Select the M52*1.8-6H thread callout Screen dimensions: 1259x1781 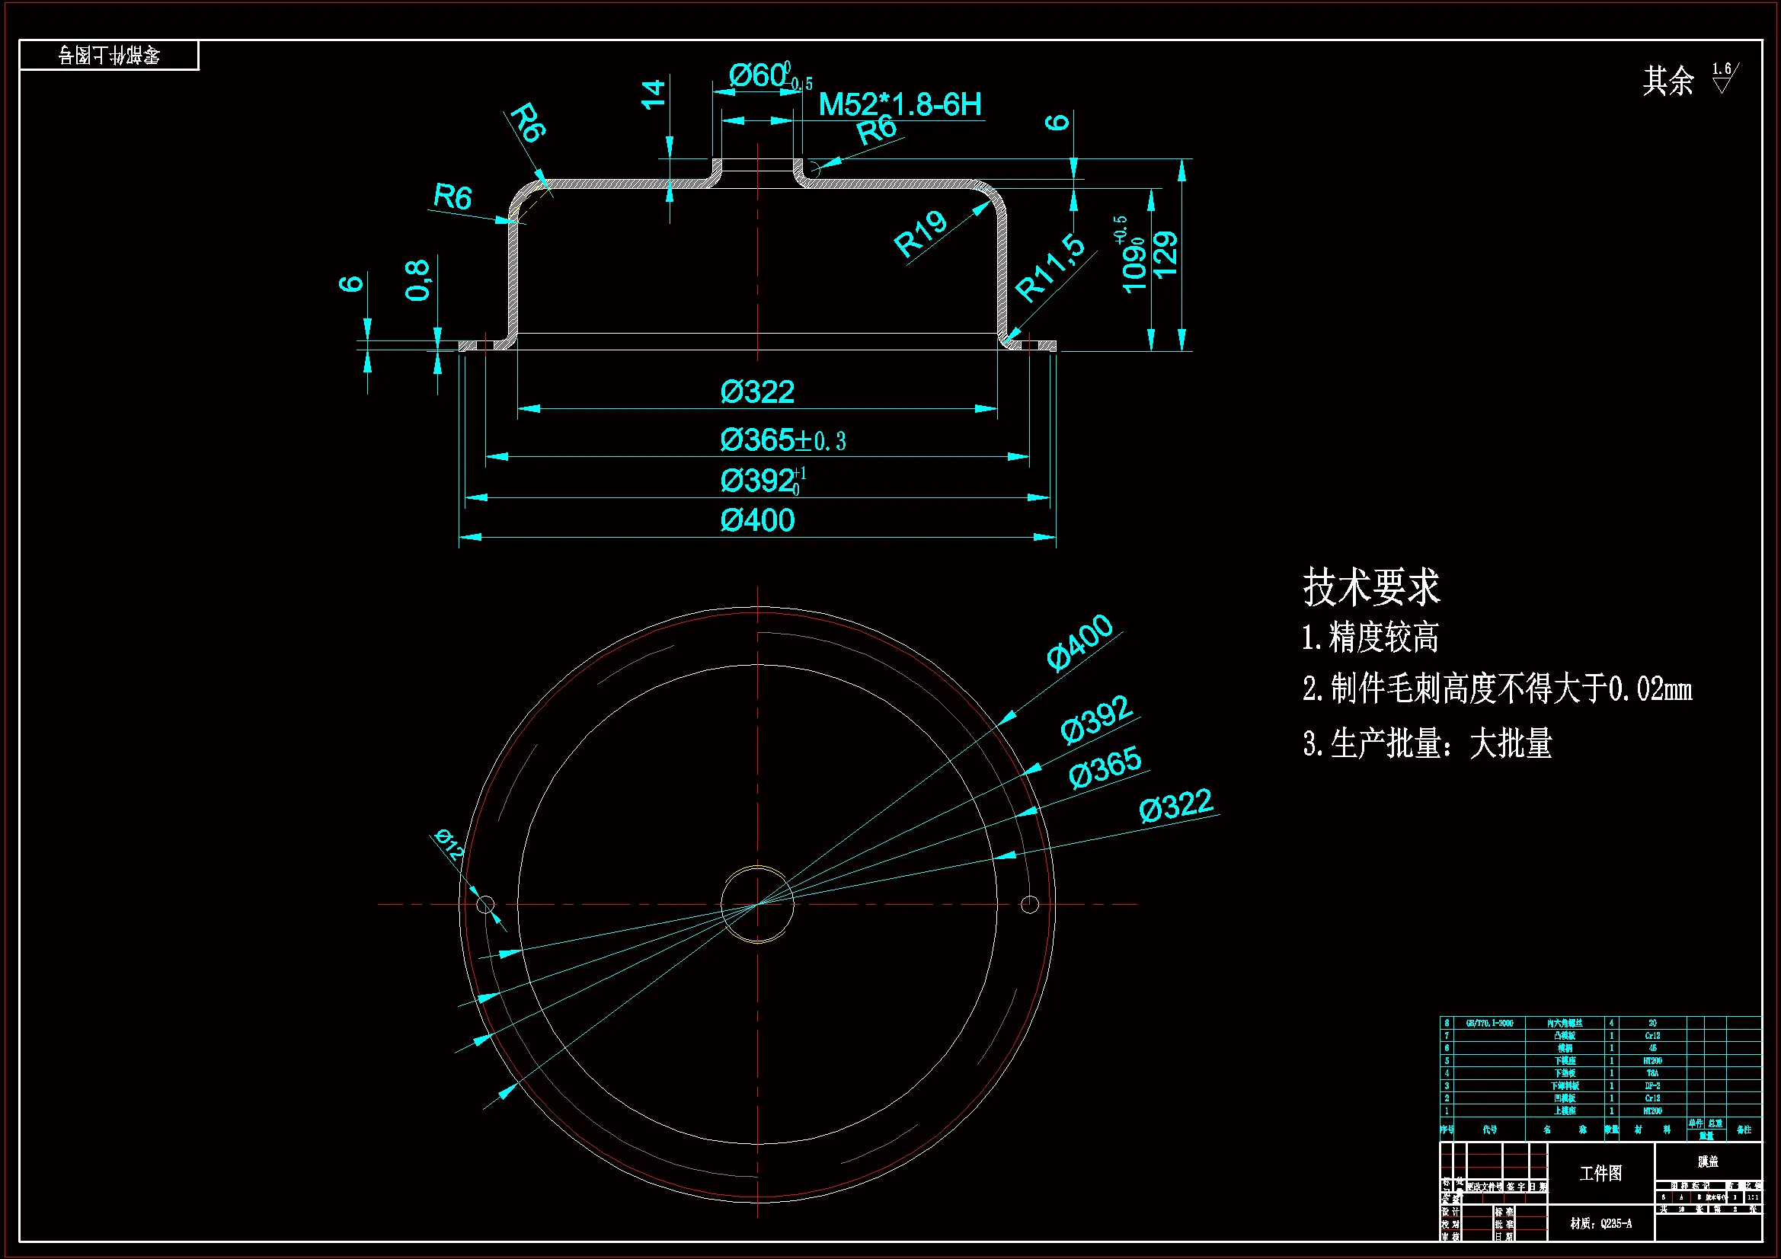point(900,104)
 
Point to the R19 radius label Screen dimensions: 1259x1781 point(921,235)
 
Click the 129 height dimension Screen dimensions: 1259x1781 point(1165,254)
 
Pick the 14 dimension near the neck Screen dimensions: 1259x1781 point(653,94)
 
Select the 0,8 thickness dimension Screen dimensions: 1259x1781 point(417,280)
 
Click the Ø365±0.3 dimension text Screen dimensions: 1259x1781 point(782,440)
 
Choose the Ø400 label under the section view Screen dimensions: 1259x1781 point(757,520)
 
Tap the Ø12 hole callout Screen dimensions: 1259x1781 point(449,845)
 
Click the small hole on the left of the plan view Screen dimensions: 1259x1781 point(485,905)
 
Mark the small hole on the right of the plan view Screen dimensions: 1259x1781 point(1030,905)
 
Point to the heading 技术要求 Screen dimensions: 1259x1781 point(1370,587)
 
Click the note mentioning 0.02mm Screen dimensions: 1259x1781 point(1497,689)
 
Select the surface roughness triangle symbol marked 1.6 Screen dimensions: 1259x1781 point(1722,80)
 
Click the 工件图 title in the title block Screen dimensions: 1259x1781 point(1601,1173)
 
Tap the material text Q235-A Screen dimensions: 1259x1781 point(1601,1223)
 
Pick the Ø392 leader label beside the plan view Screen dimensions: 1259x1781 point(1096,720)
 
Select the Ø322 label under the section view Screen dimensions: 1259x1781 point(757,392)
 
